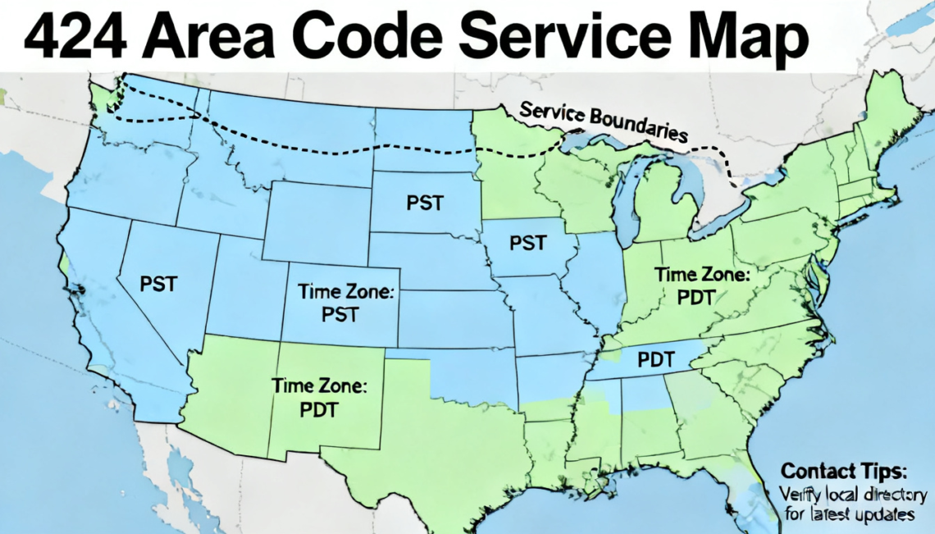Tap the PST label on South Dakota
425,203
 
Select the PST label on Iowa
528,243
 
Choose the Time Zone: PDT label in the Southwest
319,397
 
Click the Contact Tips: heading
844,472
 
